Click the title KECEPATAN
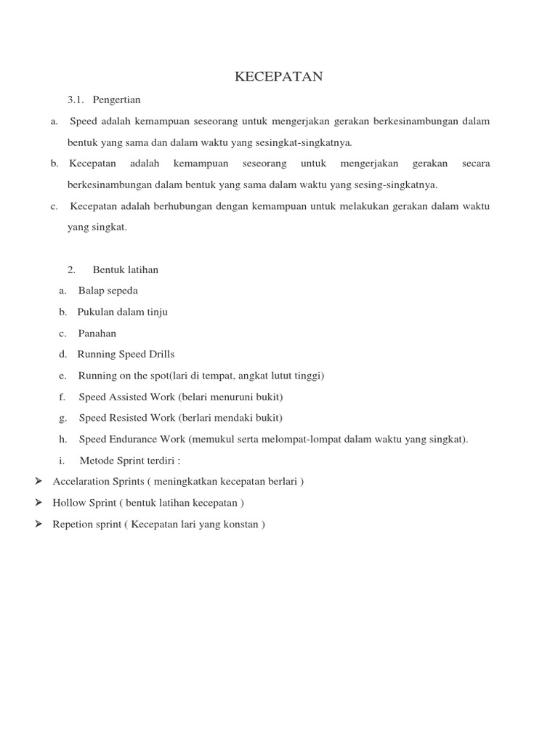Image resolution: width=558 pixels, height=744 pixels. pyautogui.click(x=278, y=77)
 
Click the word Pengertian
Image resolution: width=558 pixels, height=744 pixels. pyautogui.click(x=117, y=100)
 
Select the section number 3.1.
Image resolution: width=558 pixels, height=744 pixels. pyautogui.click(x=76, y=100)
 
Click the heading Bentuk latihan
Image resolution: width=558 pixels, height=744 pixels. pyautogui.click(x=126, y=270)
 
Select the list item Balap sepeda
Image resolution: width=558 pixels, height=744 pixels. pyautogui.click(x=108, y=291)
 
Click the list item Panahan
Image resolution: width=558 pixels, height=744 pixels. pyautogui.click(x=97, y=333)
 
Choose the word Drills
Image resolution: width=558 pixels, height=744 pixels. pyautogui.click(x=161, y=355)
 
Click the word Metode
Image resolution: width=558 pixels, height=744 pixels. pyautogui.click(x=95, y=461)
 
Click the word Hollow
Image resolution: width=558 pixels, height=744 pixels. pyautogui.click(x=70, y=503)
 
